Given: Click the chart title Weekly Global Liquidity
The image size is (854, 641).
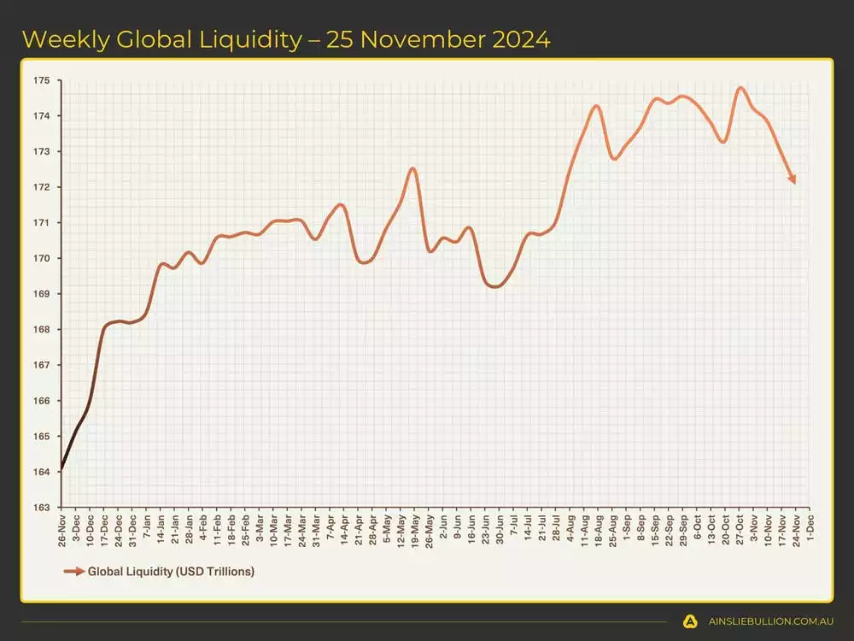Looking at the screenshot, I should [286, 38].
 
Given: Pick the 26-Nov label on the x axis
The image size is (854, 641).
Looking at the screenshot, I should [62, 529].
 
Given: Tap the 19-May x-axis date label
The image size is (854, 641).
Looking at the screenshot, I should [415, 529].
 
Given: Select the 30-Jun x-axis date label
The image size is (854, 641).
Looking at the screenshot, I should [500, 529].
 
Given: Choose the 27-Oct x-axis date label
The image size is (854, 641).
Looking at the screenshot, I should [739, 529].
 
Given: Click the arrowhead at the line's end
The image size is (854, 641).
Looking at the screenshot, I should [793, 179].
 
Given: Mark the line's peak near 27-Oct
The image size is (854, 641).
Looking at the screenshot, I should [740, 87].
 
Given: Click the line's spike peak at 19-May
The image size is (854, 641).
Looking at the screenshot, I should [413, 168].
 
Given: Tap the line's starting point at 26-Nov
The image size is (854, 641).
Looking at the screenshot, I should [61, 470].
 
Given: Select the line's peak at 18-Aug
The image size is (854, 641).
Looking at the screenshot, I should [596, 106].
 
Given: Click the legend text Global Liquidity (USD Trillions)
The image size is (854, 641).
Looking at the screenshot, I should [171, 571].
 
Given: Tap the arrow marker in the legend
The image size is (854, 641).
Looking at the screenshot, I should [73, 571].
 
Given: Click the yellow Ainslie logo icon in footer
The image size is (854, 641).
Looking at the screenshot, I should [690, 621].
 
